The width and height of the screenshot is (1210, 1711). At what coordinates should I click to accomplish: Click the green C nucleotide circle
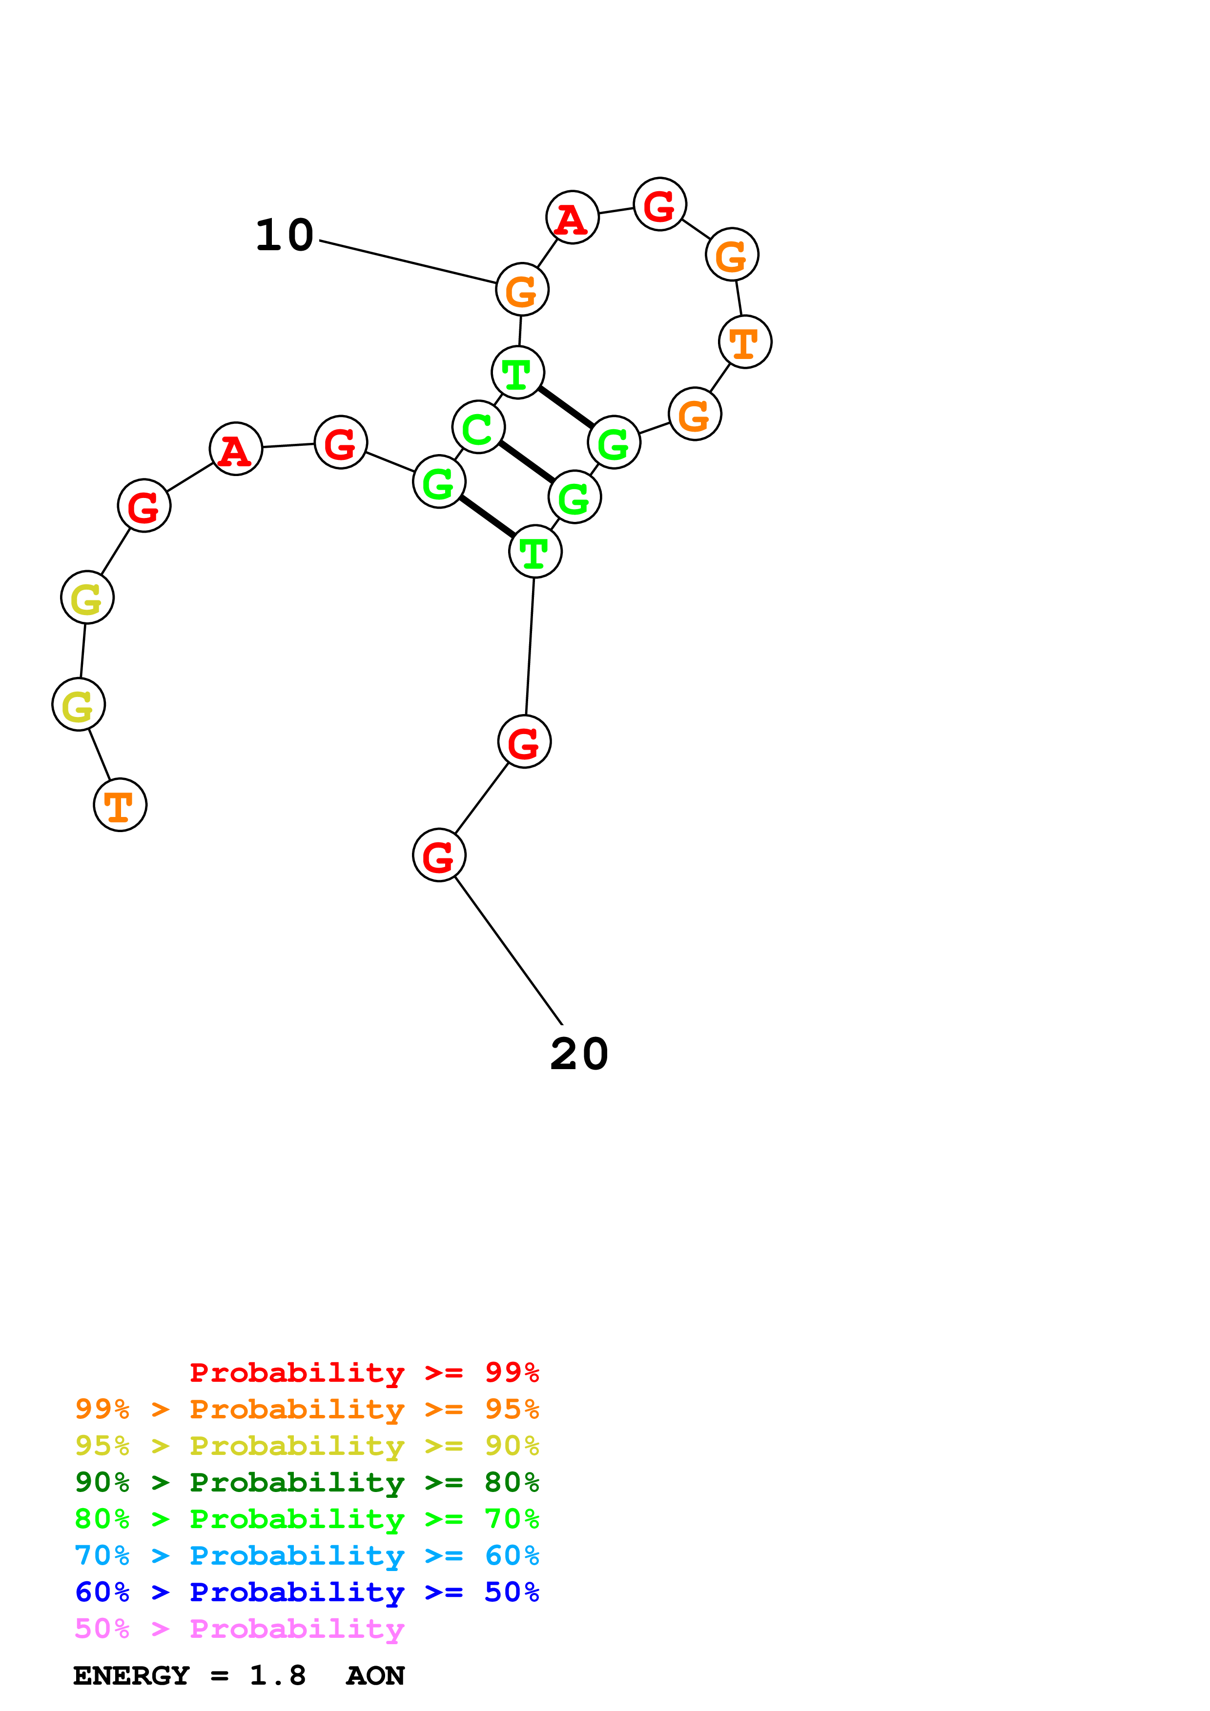click(478, 427)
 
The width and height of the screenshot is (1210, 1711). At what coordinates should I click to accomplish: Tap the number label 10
click(284, 236)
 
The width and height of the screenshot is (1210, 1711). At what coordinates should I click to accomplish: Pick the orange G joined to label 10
click(522, 289)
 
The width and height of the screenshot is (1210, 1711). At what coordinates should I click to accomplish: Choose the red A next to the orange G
click(572, 217)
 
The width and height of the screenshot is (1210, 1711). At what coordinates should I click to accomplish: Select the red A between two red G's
click(236, 449)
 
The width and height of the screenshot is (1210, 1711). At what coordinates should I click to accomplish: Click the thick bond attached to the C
click(526, 462)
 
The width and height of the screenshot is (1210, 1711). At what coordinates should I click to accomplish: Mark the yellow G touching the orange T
click(78, 704)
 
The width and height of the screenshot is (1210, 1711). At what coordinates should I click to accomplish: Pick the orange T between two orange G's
click(745, 342)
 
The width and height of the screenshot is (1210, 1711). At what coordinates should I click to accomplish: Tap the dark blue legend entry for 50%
click(307, 1592)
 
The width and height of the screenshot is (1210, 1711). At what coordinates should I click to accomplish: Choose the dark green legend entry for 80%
click(307, 1482)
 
